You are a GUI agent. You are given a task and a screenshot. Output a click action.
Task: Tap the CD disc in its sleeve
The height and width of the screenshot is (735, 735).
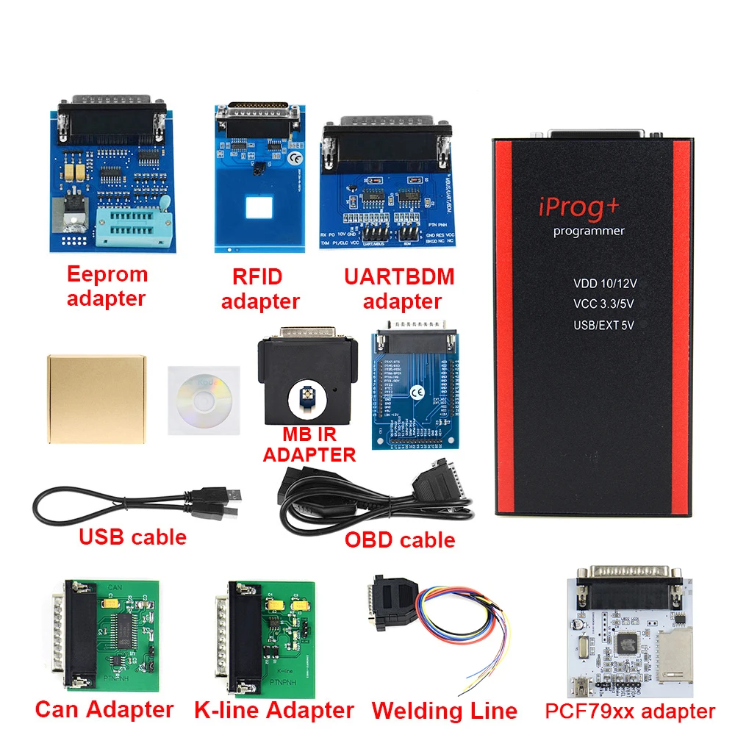tap(202, 399)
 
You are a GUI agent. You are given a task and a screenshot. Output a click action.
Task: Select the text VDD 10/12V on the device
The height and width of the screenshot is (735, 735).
tap(606, 282)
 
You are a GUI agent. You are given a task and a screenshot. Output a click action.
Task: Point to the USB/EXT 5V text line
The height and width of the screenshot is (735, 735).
tap(605, 324)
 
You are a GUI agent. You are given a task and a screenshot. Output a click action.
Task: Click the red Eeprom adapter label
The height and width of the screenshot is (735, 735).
tap(107, 286)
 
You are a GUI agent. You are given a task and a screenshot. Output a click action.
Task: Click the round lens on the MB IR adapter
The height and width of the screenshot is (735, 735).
tap(304, 399)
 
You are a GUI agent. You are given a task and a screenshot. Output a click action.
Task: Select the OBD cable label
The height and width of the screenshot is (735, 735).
tap(400, 540)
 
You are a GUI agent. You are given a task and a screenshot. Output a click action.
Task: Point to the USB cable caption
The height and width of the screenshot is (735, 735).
tap(132, 537)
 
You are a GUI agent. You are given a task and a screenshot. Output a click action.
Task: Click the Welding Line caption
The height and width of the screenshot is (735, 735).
tap(444, 711)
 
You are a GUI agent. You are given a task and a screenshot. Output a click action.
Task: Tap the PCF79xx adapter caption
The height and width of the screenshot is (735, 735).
tap(630, 711)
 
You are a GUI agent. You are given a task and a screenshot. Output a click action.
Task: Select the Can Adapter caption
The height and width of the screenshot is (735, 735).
tap(104, 709)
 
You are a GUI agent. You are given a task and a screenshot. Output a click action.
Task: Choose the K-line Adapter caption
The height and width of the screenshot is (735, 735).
tap(274, 710)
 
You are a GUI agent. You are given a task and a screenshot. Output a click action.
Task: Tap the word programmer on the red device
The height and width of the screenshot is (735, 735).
tap(588, 232)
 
